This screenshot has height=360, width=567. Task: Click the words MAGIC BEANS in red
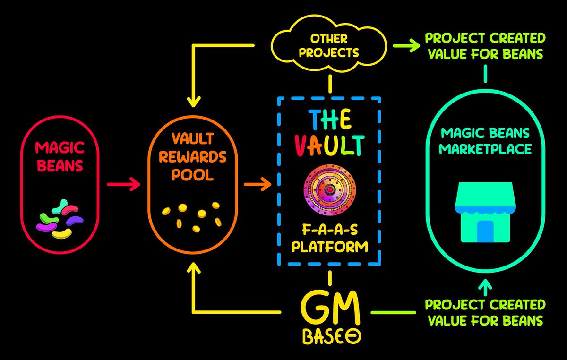(60, 157)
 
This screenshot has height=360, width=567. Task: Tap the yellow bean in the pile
(62, 234)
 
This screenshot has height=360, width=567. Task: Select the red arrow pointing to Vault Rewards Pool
(123, 184)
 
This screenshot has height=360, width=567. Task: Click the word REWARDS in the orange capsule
(193, 157)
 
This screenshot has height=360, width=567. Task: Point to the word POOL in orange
(193, 175)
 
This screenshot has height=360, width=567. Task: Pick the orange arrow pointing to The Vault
(258, 184)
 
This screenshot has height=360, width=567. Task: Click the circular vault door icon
(330, 189)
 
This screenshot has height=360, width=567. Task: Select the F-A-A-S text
(330, 230)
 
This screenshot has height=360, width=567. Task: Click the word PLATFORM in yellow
(330, 247)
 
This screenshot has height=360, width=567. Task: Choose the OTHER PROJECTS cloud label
(329, 46)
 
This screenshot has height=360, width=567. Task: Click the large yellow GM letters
(330, 309)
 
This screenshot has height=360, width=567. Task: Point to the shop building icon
(485, 212)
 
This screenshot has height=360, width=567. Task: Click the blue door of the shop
(485, 231)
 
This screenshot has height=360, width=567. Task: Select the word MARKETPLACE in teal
(485, 149)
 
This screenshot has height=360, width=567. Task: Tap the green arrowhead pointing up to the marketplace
(485, 284)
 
